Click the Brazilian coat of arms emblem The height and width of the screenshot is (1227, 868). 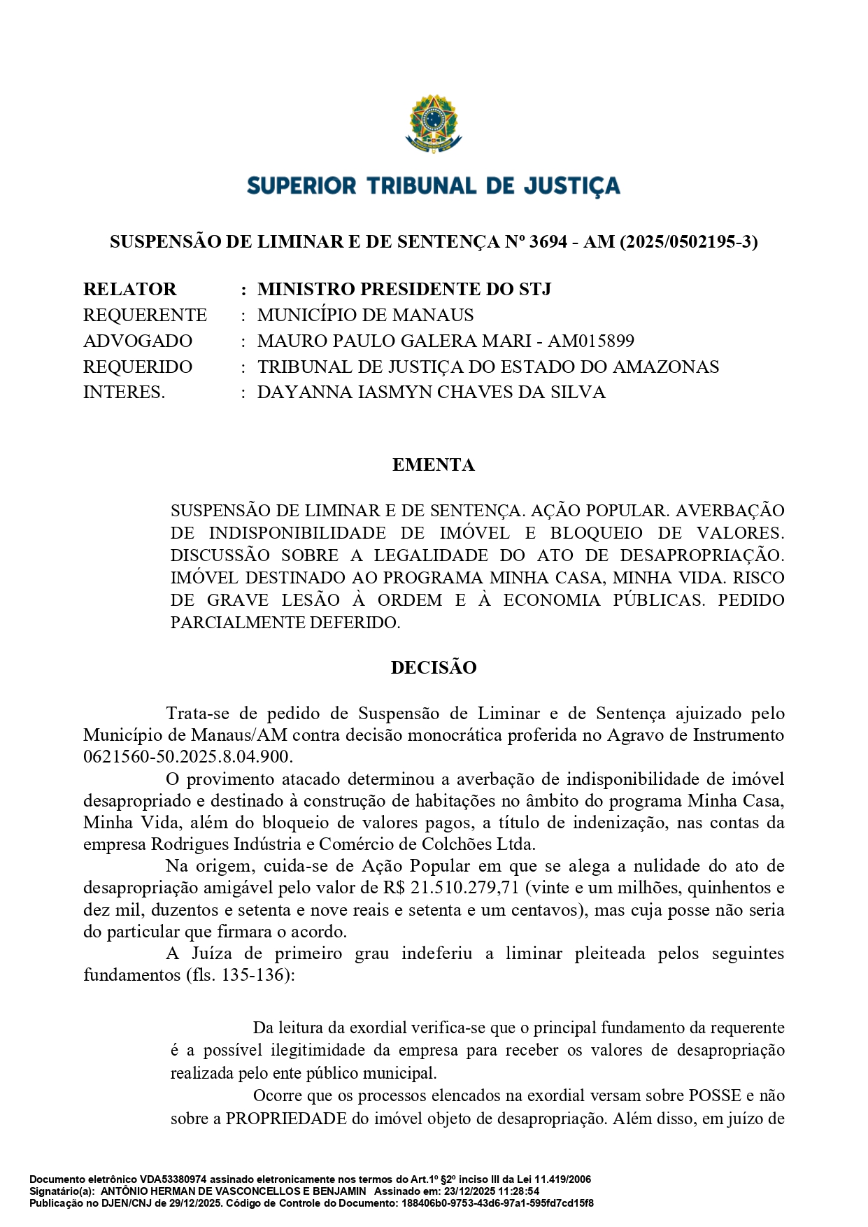pos(434,124)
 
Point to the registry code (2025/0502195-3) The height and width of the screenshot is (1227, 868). pos(688,242)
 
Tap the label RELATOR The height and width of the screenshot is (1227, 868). pos(129,290)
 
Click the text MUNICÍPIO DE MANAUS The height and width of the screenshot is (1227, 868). pos(365,315)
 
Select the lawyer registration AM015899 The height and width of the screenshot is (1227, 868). pos(590,341)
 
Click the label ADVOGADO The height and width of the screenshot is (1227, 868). pos(138,341)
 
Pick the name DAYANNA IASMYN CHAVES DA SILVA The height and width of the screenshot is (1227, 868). pos(431,392)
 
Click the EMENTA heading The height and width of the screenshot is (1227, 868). pos(434,465)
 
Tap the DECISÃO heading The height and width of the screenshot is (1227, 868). pos(434,668)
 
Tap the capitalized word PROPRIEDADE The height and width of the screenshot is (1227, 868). pos(286,1119)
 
